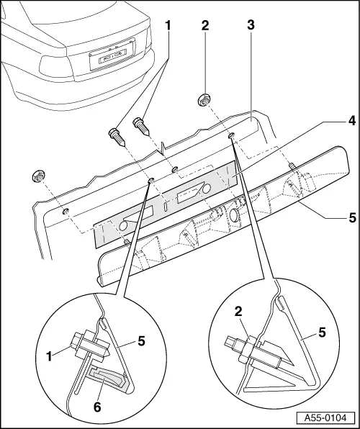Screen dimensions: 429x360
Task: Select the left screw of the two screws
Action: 117,136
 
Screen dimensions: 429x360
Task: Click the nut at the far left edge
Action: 37,176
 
